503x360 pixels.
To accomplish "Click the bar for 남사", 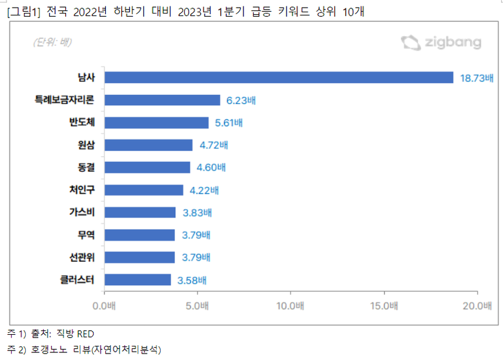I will (x=278, y=77).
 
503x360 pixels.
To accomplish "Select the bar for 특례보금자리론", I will (x=162, y=100).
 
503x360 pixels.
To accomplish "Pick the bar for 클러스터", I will (x=138, y=280).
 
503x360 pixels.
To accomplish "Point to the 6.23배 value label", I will (x=241, y=101).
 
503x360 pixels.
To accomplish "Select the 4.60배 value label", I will (x=210, y=168).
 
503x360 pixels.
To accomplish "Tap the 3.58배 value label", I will (x=192, y=280).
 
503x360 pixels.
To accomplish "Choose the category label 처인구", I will (x=82, y=190).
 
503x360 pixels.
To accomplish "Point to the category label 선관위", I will (x=82, y=257).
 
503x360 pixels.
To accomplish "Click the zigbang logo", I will (x=442, y=43).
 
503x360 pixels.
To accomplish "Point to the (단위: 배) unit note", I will (x=52, y=43).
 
